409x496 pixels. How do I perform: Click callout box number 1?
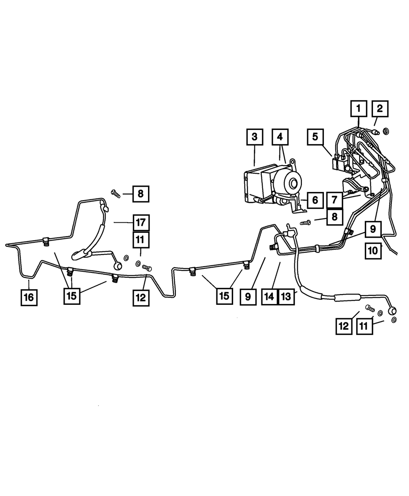pyautogui.click(x=358, y=109)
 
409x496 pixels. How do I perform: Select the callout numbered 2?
pyautogui.click(x=380, y=109)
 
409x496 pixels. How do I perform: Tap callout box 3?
pyautogui.click(x=254, y=137)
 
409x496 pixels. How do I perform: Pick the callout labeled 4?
pyautogui.click(x=280, y=137)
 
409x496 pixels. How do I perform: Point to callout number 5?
pyautogui.click(x=315, y=137)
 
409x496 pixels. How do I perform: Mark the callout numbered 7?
pyautogui.click(x=335, y=200)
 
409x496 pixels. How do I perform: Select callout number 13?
pyautogui.click(x=286, y=297)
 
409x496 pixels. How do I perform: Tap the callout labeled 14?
pyautogui.click(x=269, y=297)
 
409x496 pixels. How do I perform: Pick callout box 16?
pyautogui.click(x=29, y=297)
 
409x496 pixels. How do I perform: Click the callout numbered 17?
pyautogui.click(x=141, y=223)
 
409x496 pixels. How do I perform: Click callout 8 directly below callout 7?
pyautogui.click(x=335, y=217)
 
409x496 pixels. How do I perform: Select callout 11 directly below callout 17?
pyautogui.click(x=141, y=240)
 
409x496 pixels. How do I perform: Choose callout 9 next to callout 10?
pyautogui.click(x=373, y=229)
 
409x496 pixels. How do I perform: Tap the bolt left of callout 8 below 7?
pyautogui.click(x=306, y=223)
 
